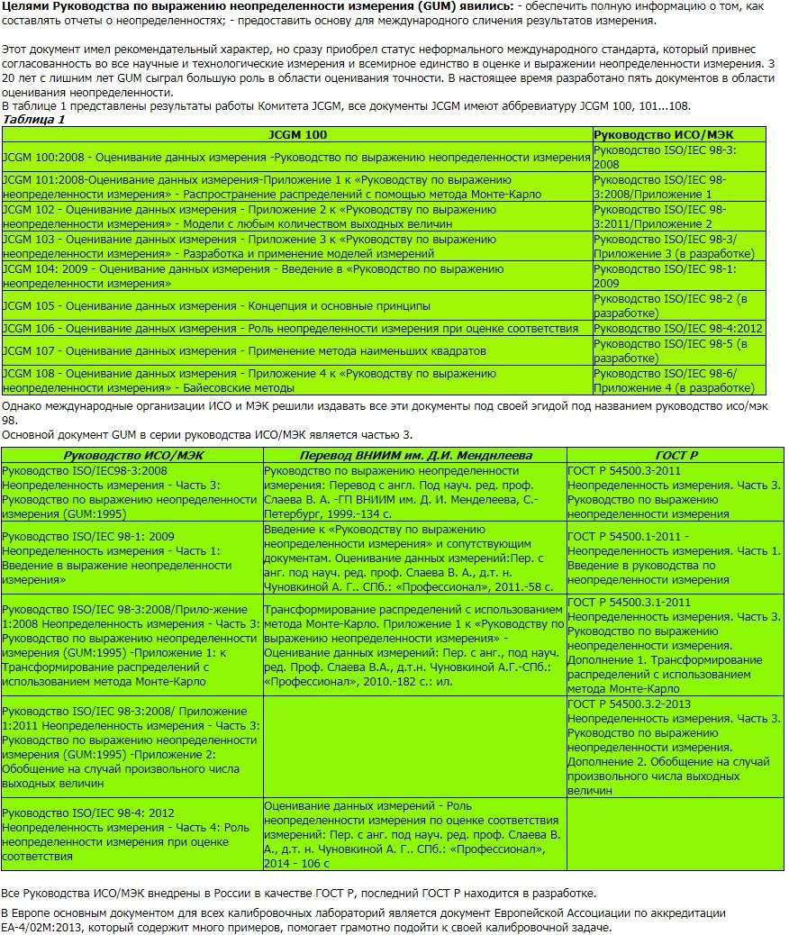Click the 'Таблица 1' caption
(x=34, y=119)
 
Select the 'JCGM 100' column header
(x=297, y=134)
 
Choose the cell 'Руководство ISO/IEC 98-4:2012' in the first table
(x=678, y=329)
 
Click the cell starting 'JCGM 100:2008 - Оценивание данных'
(x=296, y=158)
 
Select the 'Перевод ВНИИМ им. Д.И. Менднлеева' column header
(x=415, y=456)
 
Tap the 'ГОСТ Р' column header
(x=675, y=456)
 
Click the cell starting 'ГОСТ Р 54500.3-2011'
(x=675, y=492)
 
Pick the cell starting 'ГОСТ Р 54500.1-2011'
(x=675, y=558)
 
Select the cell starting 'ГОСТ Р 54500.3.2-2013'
(x=675, y=747)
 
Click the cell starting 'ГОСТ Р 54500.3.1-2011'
(x=675, y=646)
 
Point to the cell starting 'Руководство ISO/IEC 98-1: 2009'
(x=132, y=558)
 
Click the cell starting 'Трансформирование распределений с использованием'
(x=415, y=646)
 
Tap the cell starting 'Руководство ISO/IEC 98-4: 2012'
(x=132, y=834)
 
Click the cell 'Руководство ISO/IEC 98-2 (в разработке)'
(x=678, y=305)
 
